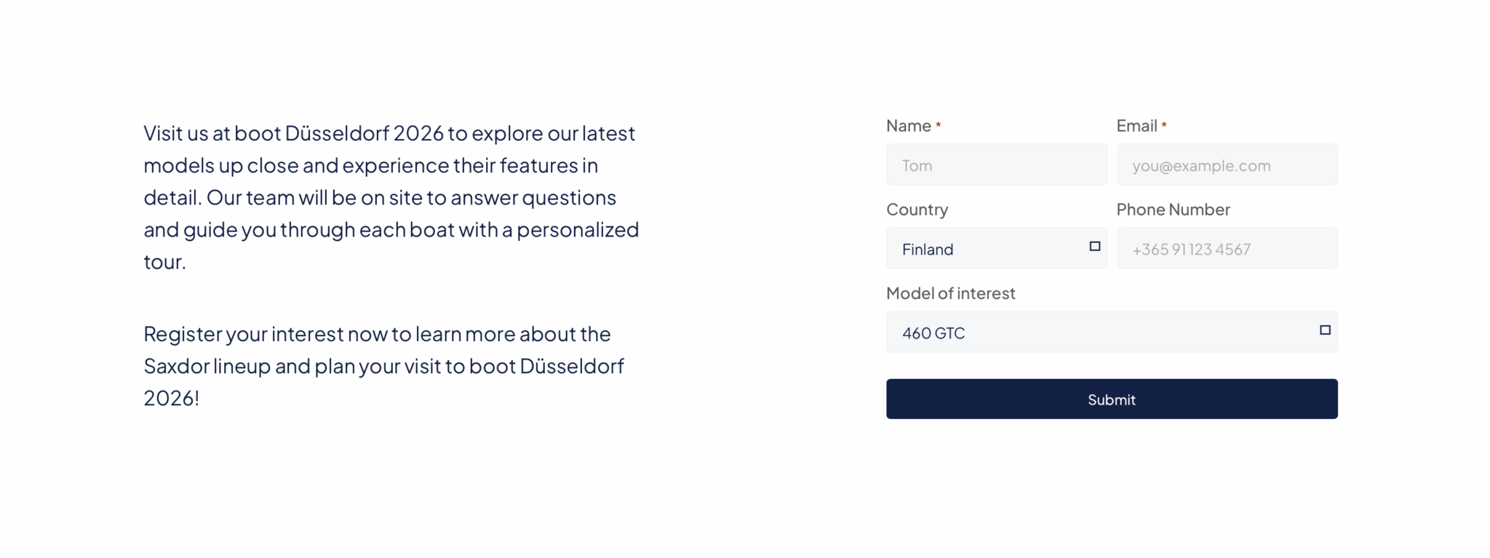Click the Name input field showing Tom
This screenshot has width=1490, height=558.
coord(997,164)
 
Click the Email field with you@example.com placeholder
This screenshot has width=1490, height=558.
coord(1227,164)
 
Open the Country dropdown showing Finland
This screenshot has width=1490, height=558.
coord(997,248)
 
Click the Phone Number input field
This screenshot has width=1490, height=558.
coord(1227,248)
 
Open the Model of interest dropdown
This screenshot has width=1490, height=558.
coord(1112,332)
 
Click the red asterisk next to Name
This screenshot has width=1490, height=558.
coord(939,125)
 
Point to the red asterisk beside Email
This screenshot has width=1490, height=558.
coord(1164,125)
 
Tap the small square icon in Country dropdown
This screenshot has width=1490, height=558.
coord(1095,247)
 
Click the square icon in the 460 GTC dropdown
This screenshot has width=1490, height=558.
coord(1325,330)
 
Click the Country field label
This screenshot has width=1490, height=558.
coord(917,210)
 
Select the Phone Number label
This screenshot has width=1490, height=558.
coord(1173,210)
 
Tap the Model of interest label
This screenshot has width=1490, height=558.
coord(950,293)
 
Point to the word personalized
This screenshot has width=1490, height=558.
coord(578,230)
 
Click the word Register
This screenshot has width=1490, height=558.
coord(183,335)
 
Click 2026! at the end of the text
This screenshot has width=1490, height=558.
coord(171,398)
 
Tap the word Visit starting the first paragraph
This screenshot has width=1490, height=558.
coord(163,133)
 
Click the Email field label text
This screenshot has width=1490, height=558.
coord(1136,126)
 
